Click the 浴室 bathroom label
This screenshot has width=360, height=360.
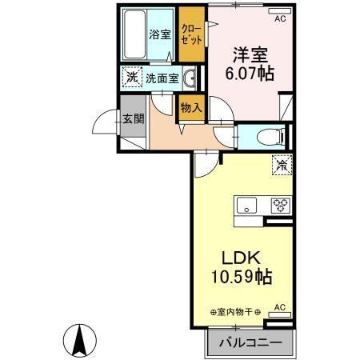pyautogui.click(x=160, y=34)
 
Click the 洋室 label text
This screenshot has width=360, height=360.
pyautogui.click(x=249, y=56)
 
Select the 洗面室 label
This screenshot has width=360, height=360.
pyautogui.click(x=162, y=78)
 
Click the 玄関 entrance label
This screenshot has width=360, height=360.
pyautogui.click(x=133, y=119)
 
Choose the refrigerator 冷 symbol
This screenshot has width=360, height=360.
pyautogui.click(x=282, y=165)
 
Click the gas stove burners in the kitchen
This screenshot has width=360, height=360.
pyautogui.click(x=281, y=203)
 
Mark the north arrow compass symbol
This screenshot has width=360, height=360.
pyautogui.click(x=80, y=341)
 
